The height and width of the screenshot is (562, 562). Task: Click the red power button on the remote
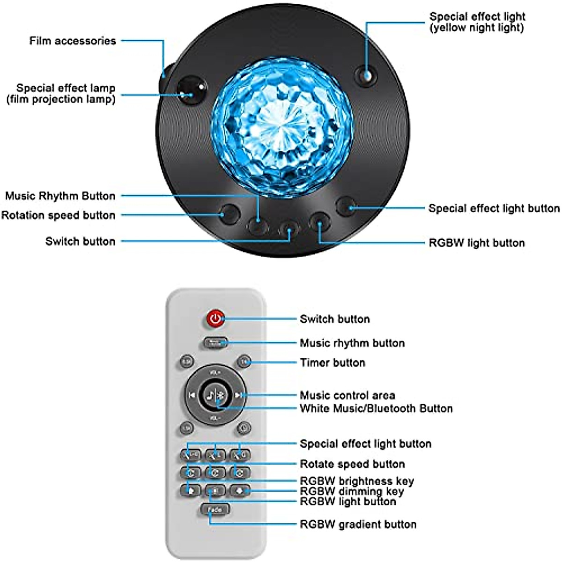215,319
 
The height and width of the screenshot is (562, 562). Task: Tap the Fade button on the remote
214,510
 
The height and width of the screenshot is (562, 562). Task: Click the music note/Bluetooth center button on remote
215,395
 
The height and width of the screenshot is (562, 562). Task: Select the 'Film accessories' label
73,41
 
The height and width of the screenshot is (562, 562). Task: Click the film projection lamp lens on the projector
191,89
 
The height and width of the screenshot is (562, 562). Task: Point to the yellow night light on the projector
366,75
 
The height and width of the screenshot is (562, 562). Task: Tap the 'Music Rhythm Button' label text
60,196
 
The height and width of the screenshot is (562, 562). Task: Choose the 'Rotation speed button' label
58,215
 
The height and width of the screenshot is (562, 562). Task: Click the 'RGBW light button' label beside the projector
476,243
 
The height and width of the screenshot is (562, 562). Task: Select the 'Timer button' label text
333,362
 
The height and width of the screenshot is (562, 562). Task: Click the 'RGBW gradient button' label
358,524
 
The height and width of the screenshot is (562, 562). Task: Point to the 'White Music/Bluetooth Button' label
376,408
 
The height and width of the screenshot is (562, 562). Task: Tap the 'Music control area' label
347,395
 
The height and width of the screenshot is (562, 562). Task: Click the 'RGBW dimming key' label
351,491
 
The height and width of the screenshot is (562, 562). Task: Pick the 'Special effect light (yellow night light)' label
477,22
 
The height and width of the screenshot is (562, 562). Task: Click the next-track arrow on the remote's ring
238,395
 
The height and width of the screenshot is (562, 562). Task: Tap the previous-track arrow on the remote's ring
192,395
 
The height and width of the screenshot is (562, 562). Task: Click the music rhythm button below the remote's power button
215,343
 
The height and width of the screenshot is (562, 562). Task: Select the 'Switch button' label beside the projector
80,241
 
